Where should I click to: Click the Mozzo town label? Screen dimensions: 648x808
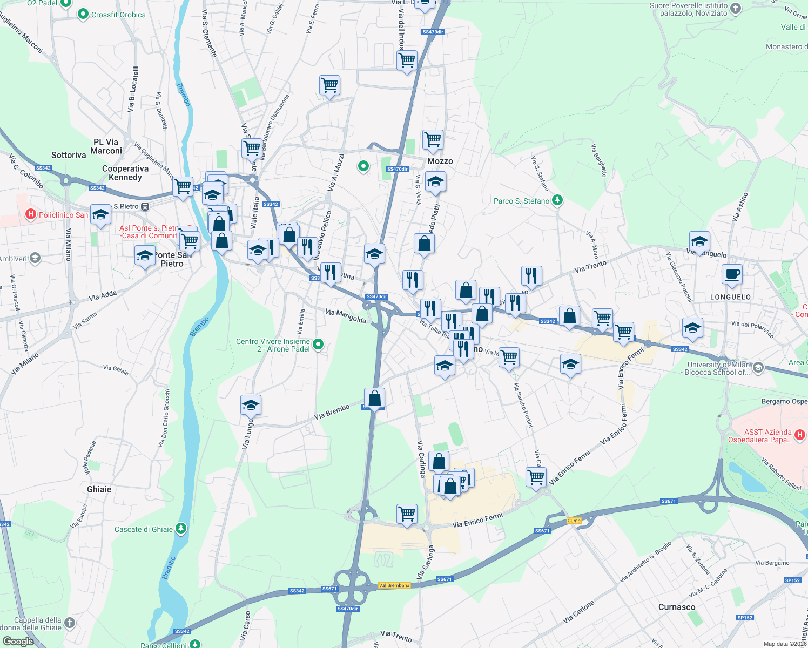point(440,161)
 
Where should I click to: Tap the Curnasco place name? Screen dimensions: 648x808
point(677,607)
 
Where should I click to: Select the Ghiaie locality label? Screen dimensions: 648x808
point(99,489)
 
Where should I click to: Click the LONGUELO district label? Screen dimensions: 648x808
point(730,297)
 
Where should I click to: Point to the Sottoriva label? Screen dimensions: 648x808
point(69,155)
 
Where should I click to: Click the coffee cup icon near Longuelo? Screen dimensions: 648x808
point(732,274)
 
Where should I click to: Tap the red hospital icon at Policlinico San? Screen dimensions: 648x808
point(31,214)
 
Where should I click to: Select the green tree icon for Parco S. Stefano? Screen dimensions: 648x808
point(557,201)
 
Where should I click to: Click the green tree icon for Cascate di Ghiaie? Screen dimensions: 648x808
point(181,529)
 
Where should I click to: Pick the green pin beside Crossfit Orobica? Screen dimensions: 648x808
point(83,15)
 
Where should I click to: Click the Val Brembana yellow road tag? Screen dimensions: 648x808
point(394,585)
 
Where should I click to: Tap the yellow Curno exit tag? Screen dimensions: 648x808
point(574,521)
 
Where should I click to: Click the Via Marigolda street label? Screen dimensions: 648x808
point(346,316)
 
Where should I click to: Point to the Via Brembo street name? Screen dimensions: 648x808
point(332,412)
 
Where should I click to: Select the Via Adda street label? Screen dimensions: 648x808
point(103,295)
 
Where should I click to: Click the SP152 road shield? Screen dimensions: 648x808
point(792,580)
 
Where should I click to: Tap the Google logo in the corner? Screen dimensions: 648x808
point(18,641)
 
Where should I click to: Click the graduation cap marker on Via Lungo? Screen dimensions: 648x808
point(251,405)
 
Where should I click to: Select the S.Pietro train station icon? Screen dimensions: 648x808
point(145,206)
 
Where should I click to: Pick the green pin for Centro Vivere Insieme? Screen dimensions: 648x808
point(318,344)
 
